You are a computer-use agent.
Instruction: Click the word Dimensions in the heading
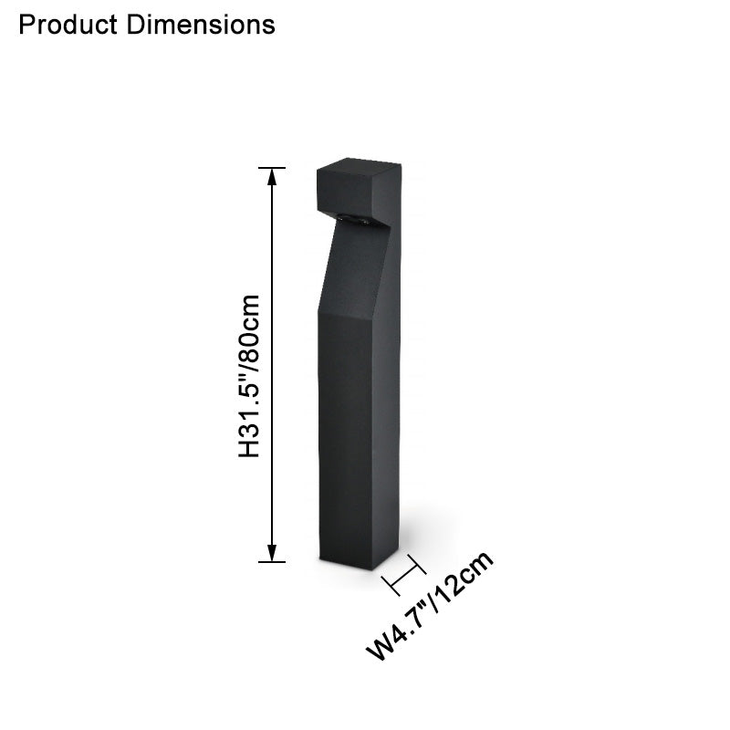pyautogui.click(x=201, y=25)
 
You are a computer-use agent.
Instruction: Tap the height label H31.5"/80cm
pyautogui.click(x=250, y=376)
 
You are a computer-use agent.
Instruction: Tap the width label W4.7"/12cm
pyautogui.click(x=431, y=606)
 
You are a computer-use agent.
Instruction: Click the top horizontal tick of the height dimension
pyautogui.click(x=271, y=168)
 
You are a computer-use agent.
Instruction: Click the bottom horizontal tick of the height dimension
pyautogui.click(x=271, y=561)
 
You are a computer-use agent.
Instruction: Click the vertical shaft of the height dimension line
pyautogui.click(x=271, y=365)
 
